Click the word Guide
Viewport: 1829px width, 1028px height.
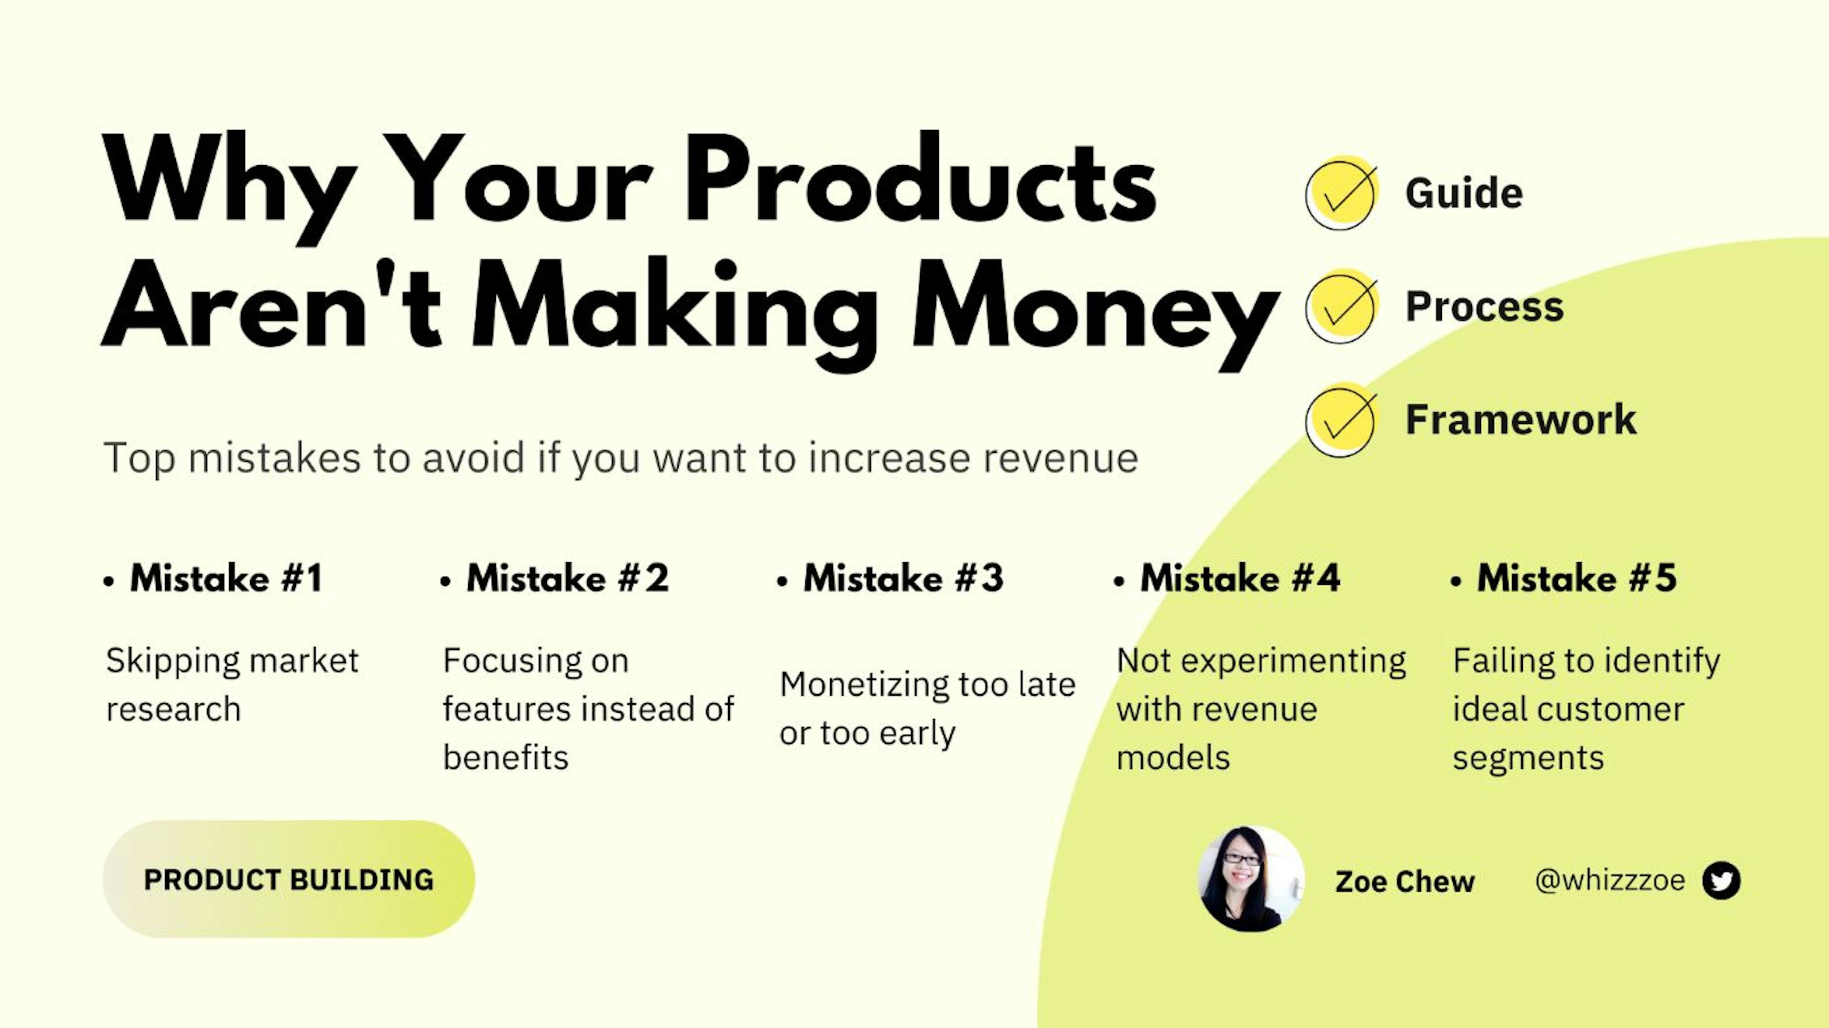point(1464,193)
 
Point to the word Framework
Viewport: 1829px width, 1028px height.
point(1521,419)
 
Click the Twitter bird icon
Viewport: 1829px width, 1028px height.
point(1721,880)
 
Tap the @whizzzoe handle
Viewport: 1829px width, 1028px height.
point(1609,880)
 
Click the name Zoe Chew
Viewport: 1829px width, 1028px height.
point(1405,882)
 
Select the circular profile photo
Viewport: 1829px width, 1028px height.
point(1251,879)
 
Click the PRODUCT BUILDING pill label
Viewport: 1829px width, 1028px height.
point(288,879)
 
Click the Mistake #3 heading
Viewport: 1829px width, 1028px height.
point(903,578)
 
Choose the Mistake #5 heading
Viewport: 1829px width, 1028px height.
point(1577,578)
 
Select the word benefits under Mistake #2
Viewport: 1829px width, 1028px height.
point(505,758)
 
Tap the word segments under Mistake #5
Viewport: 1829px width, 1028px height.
point(1528,758)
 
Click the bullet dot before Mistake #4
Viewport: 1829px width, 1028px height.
point(1120,581)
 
